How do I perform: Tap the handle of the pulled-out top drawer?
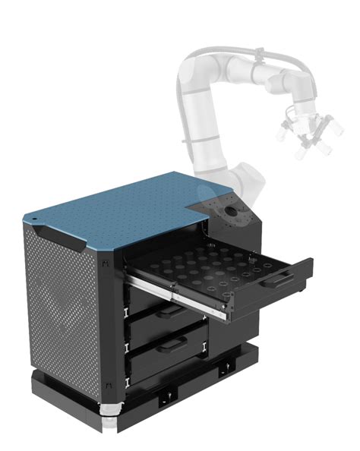coord(279,279)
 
